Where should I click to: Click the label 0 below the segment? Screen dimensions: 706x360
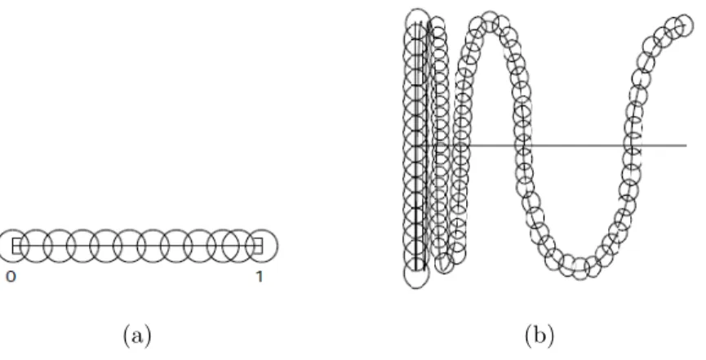pos(11,277)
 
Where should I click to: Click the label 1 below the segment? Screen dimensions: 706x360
pos(260,277)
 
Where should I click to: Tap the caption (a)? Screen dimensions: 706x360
pos(137,336)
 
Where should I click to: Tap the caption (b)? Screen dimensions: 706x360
pos(539,336)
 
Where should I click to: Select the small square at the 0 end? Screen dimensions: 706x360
pos(17,246)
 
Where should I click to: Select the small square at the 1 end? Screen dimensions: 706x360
pos(257,246)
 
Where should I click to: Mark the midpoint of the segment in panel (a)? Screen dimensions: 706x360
pos(137,246)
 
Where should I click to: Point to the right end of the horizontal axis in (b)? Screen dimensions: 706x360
pos(686,145)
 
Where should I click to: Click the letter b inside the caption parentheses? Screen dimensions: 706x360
pos(539,335)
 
